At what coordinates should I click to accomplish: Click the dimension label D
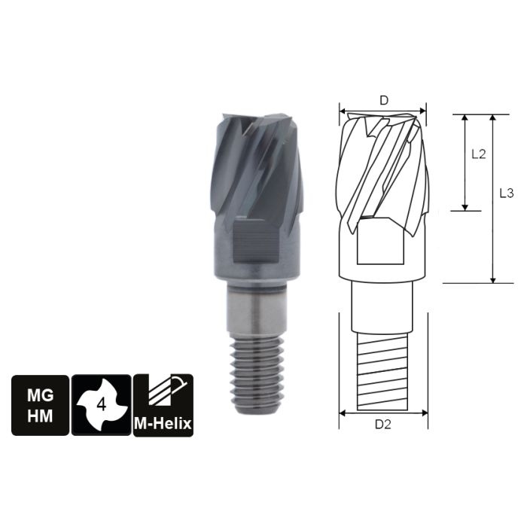383,100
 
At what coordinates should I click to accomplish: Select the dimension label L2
478,154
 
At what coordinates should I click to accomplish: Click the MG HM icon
39,404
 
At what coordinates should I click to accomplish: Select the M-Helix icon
163,404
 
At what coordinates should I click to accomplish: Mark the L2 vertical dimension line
465,162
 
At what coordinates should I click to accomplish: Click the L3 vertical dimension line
493,199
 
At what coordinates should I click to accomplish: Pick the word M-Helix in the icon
163,424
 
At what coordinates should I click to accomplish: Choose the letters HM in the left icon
39,415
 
